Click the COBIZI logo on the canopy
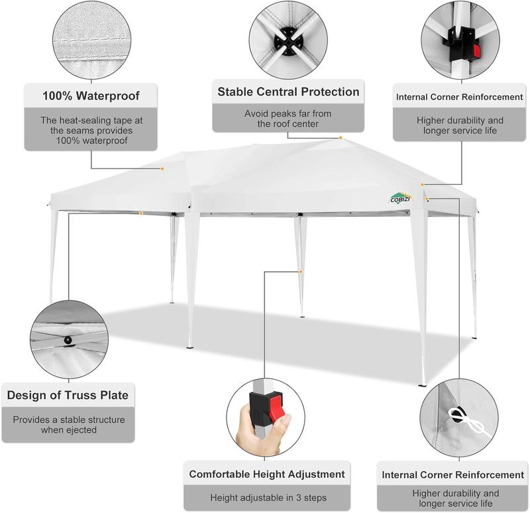(400, 198)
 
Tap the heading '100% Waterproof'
(91, 95)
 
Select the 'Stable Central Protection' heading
(288, 91)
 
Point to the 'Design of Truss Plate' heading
(68, 395)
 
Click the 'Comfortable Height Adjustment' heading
(267, 474)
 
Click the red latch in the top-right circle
(476, 51)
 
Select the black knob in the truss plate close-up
(68, 340)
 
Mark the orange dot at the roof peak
(341, 138)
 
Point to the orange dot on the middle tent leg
(301, 272)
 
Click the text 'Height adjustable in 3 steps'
(268, 498)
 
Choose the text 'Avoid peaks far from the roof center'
(288, 119)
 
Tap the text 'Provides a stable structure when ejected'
(69, 425)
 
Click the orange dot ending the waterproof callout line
(162, 168)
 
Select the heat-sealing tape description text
(91, 131)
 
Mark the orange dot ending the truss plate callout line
(141, 213)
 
